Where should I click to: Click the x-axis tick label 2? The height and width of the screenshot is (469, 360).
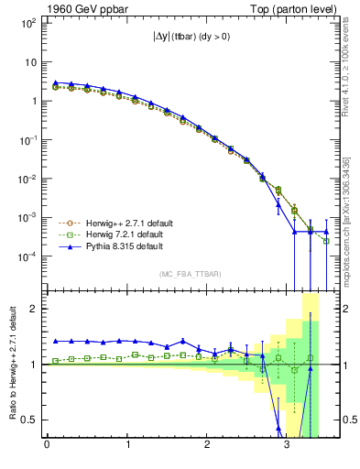pyautogui.click(x=207, y=446)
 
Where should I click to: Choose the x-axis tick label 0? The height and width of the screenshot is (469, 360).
pyautogui.click(x=47, y=446)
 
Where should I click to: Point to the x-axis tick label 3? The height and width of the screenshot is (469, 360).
pyautogui.click(x=288, y=446)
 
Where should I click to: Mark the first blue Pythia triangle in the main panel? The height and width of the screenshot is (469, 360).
pyautogui.click(x=55, y=82)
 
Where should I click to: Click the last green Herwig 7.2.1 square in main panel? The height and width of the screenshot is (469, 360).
pyautogui.click(x=326, y=241)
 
